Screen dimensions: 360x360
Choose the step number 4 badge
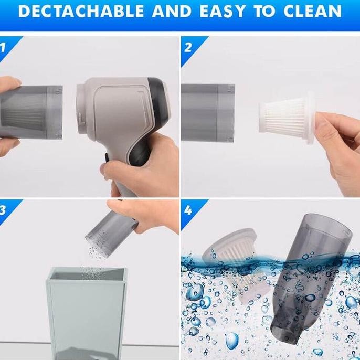[x=188, y=210]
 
